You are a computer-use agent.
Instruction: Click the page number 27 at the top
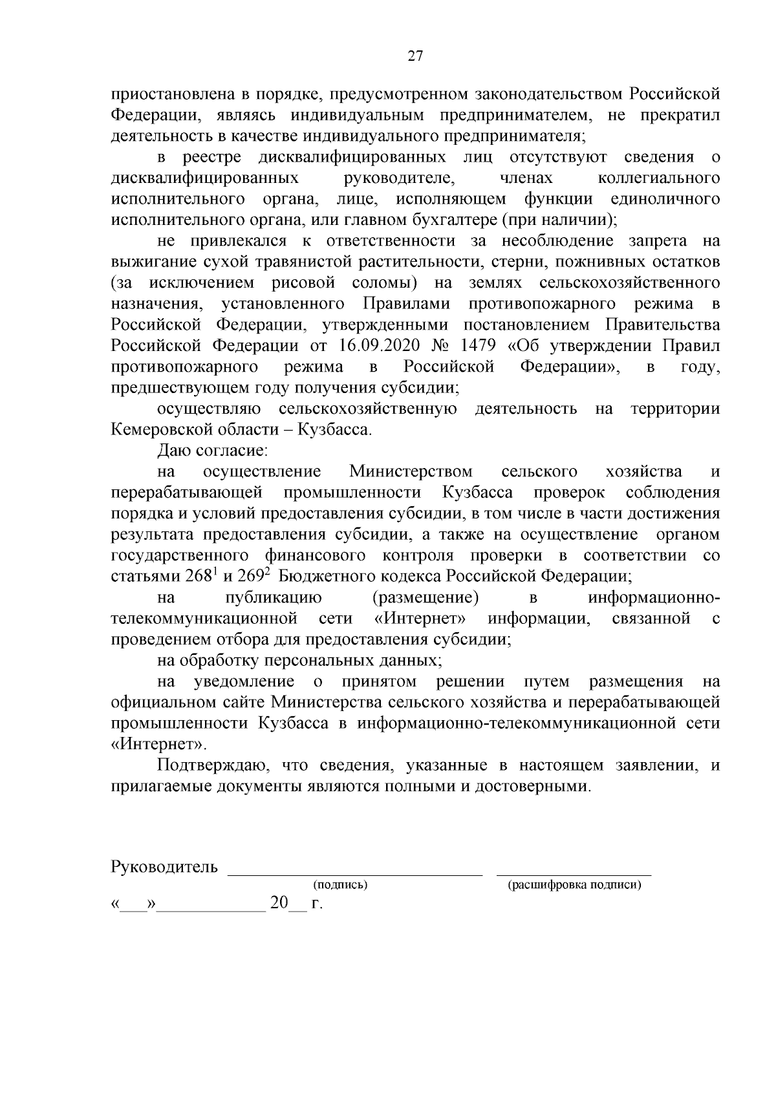pyautogui.click(x=415, y=56)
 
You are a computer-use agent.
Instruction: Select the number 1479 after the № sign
pyautogui.click(x=477, y=346)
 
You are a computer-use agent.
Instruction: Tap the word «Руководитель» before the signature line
pyautogui.click(x=164, y=867)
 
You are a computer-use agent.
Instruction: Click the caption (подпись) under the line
pyautogui.click(x=340, y=885)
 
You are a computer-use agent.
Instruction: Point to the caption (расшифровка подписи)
pyautogui.click(x=574, y=885)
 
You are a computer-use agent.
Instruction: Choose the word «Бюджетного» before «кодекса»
pyautogui.click(x=333, y=576)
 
